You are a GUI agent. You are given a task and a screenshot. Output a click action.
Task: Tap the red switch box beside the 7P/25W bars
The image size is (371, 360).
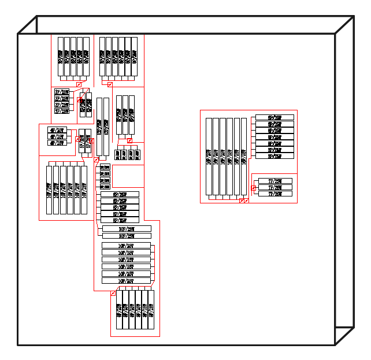(254, 188)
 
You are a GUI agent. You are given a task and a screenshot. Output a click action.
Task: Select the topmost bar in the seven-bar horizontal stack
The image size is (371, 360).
(274, 117)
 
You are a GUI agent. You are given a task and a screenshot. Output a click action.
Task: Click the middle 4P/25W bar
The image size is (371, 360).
(57, 136)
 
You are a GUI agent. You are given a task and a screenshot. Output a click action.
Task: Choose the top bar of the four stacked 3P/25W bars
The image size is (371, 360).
(61, 92)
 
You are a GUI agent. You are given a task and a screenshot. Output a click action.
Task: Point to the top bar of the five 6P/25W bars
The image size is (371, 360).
(120, 194)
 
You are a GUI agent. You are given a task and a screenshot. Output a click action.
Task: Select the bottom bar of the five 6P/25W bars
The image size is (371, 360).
(120, 220)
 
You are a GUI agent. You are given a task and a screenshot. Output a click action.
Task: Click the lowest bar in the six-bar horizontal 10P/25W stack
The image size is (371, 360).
(126, 281)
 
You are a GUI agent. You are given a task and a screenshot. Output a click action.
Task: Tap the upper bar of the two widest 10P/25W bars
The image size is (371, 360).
(126, 229)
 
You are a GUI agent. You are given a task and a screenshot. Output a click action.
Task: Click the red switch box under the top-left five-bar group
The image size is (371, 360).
(79, 84)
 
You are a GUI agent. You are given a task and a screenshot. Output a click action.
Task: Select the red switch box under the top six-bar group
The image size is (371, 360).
(110, 84)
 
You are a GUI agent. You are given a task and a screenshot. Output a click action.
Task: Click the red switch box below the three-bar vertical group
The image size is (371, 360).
(129, 140)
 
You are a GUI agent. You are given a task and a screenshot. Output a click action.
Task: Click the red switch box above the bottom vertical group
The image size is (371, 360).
(113, 293)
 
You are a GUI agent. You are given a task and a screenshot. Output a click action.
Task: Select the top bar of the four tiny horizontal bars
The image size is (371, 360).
(105, 167)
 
